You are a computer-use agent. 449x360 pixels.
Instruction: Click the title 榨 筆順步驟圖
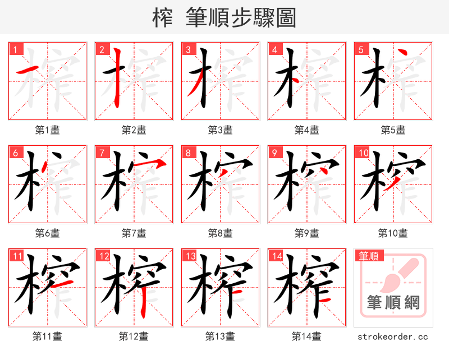coord(224,17)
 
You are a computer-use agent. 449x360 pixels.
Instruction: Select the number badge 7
coord(101,153)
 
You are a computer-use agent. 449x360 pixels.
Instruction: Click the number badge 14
coord(276,256)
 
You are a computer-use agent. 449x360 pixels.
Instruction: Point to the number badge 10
coord(363,153)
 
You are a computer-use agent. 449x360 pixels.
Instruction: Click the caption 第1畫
coord(47,130)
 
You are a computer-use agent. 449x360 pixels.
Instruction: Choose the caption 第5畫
coord(393,130)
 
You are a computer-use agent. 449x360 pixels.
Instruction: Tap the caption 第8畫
coord(220,233)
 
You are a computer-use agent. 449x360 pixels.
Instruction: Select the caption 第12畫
coord(134,336)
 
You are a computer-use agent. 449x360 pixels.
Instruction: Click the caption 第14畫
coord(306,336)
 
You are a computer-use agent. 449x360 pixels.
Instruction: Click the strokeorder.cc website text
coord(393,336)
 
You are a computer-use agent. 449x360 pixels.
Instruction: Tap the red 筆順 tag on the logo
coord(368,256)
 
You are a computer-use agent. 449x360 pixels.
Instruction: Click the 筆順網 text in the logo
coord(393,303)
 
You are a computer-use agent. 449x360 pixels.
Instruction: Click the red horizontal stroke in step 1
coord(29,70)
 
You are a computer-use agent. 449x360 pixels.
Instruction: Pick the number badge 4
coord(274,50)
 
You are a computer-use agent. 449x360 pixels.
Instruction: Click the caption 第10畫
coord(393,233)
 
